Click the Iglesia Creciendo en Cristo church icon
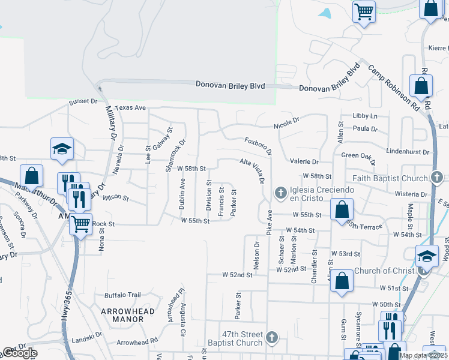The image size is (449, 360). click(x=280, y=193)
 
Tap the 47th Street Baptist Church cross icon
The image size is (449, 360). click(x=273, y=337)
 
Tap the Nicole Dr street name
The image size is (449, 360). click(x=286, y=126)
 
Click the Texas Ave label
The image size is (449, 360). click(x=131, y=107)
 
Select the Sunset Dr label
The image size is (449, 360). click(x=83, y=101)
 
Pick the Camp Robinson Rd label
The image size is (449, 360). click(x=393, y=88)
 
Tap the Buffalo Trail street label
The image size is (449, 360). click(x=122, y=295)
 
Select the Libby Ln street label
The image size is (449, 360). click(x=365, y=115)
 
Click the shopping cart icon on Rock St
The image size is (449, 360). click(x=80, y=224)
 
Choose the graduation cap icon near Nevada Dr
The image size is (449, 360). click(x=62, y=148)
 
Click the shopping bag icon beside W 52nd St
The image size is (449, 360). click(x=342, y=281)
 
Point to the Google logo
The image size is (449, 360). click(x=19, y=353)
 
